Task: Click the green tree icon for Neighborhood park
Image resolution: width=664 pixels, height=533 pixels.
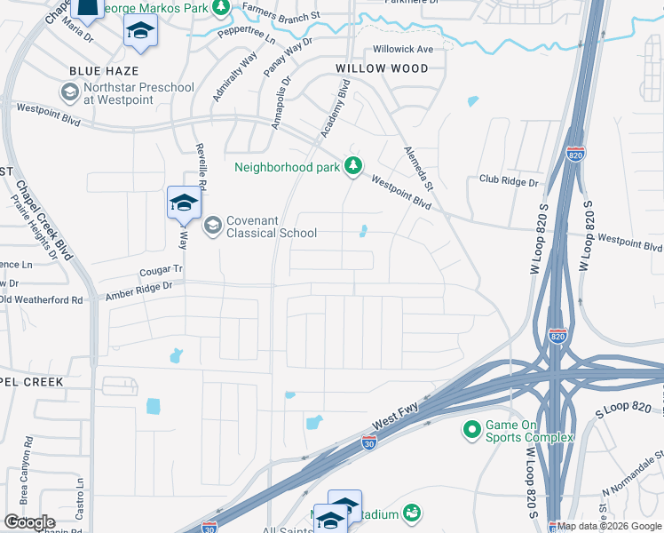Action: tap(353, 166)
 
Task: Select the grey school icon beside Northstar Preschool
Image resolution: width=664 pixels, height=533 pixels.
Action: tap(69, 92)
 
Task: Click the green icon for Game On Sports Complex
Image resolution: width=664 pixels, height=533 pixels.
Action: tap(470, 431)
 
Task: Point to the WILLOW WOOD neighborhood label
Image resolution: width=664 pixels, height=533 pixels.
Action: tap(382, 68)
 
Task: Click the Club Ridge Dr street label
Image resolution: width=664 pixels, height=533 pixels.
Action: tap(509, 182)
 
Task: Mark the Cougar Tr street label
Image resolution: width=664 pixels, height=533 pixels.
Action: tap(160, 267)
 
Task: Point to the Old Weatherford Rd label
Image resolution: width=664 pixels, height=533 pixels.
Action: tap(41, 300)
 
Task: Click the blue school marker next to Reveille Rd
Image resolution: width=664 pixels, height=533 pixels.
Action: tap(183, 203)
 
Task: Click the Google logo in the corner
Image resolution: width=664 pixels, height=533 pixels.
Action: tap(29, 522)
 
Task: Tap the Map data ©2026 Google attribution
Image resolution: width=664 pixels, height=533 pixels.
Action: tap(609, 526)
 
